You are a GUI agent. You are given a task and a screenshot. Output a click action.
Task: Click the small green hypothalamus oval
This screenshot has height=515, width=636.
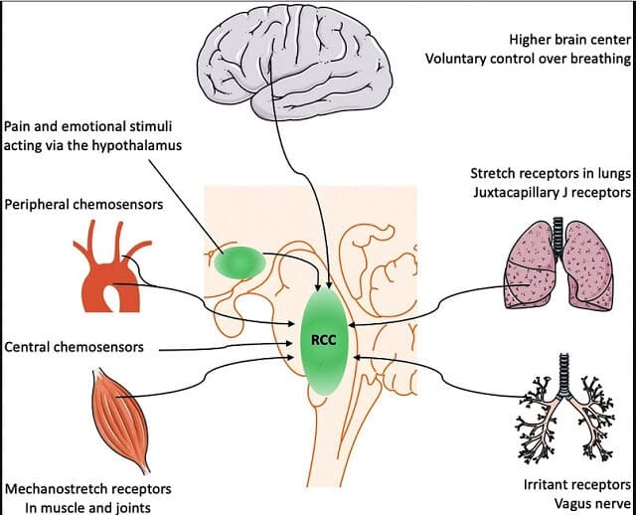click(x=239, y=263)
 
